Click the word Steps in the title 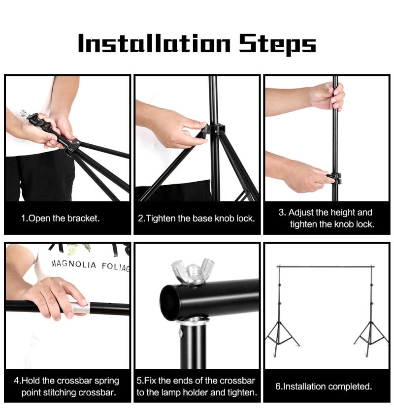pyautogui.click(x=277, y=44)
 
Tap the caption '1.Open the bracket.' pyautogui.click(x=60, y=218)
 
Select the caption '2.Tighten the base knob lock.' pyautogui.click(x=197, y=218)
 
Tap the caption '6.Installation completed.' pyautogui.click(x=324, y=386)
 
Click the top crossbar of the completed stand pyautogui.click(x=326, y=266)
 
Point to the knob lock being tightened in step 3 pyautogui.click(x=333, y=178)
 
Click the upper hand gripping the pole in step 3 pyautogui.click(x=325, y=96)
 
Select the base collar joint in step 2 pyautogui.click(x=213, y=130)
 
